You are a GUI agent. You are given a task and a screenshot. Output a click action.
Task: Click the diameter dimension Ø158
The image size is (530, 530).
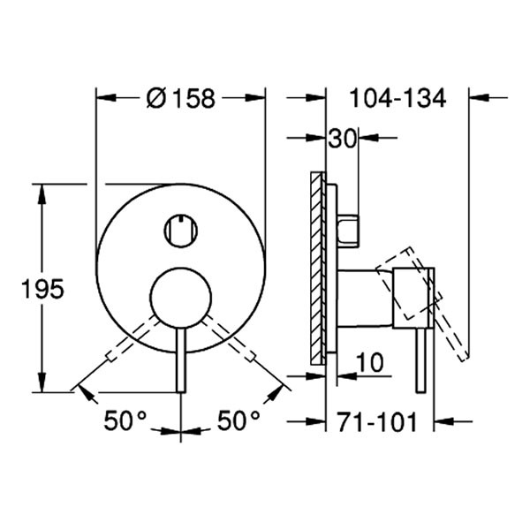point(180,98)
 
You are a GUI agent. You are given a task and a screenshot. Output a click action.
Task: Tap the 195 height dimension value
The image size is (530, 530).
point(42,289)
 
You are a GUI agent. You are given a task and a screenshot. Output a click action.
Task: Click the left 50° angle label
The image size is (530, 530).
point(125,421)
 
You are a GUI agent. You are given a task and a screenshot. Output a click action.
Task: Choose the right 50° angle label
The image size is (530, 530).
point(238,421)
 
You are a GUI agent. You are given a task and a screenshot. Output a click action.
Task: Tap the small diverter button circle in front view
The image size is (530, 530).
point(180,231)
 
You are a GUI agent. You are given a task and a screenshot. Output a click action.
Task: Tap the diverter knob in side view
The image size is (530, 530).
point(348,229)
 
